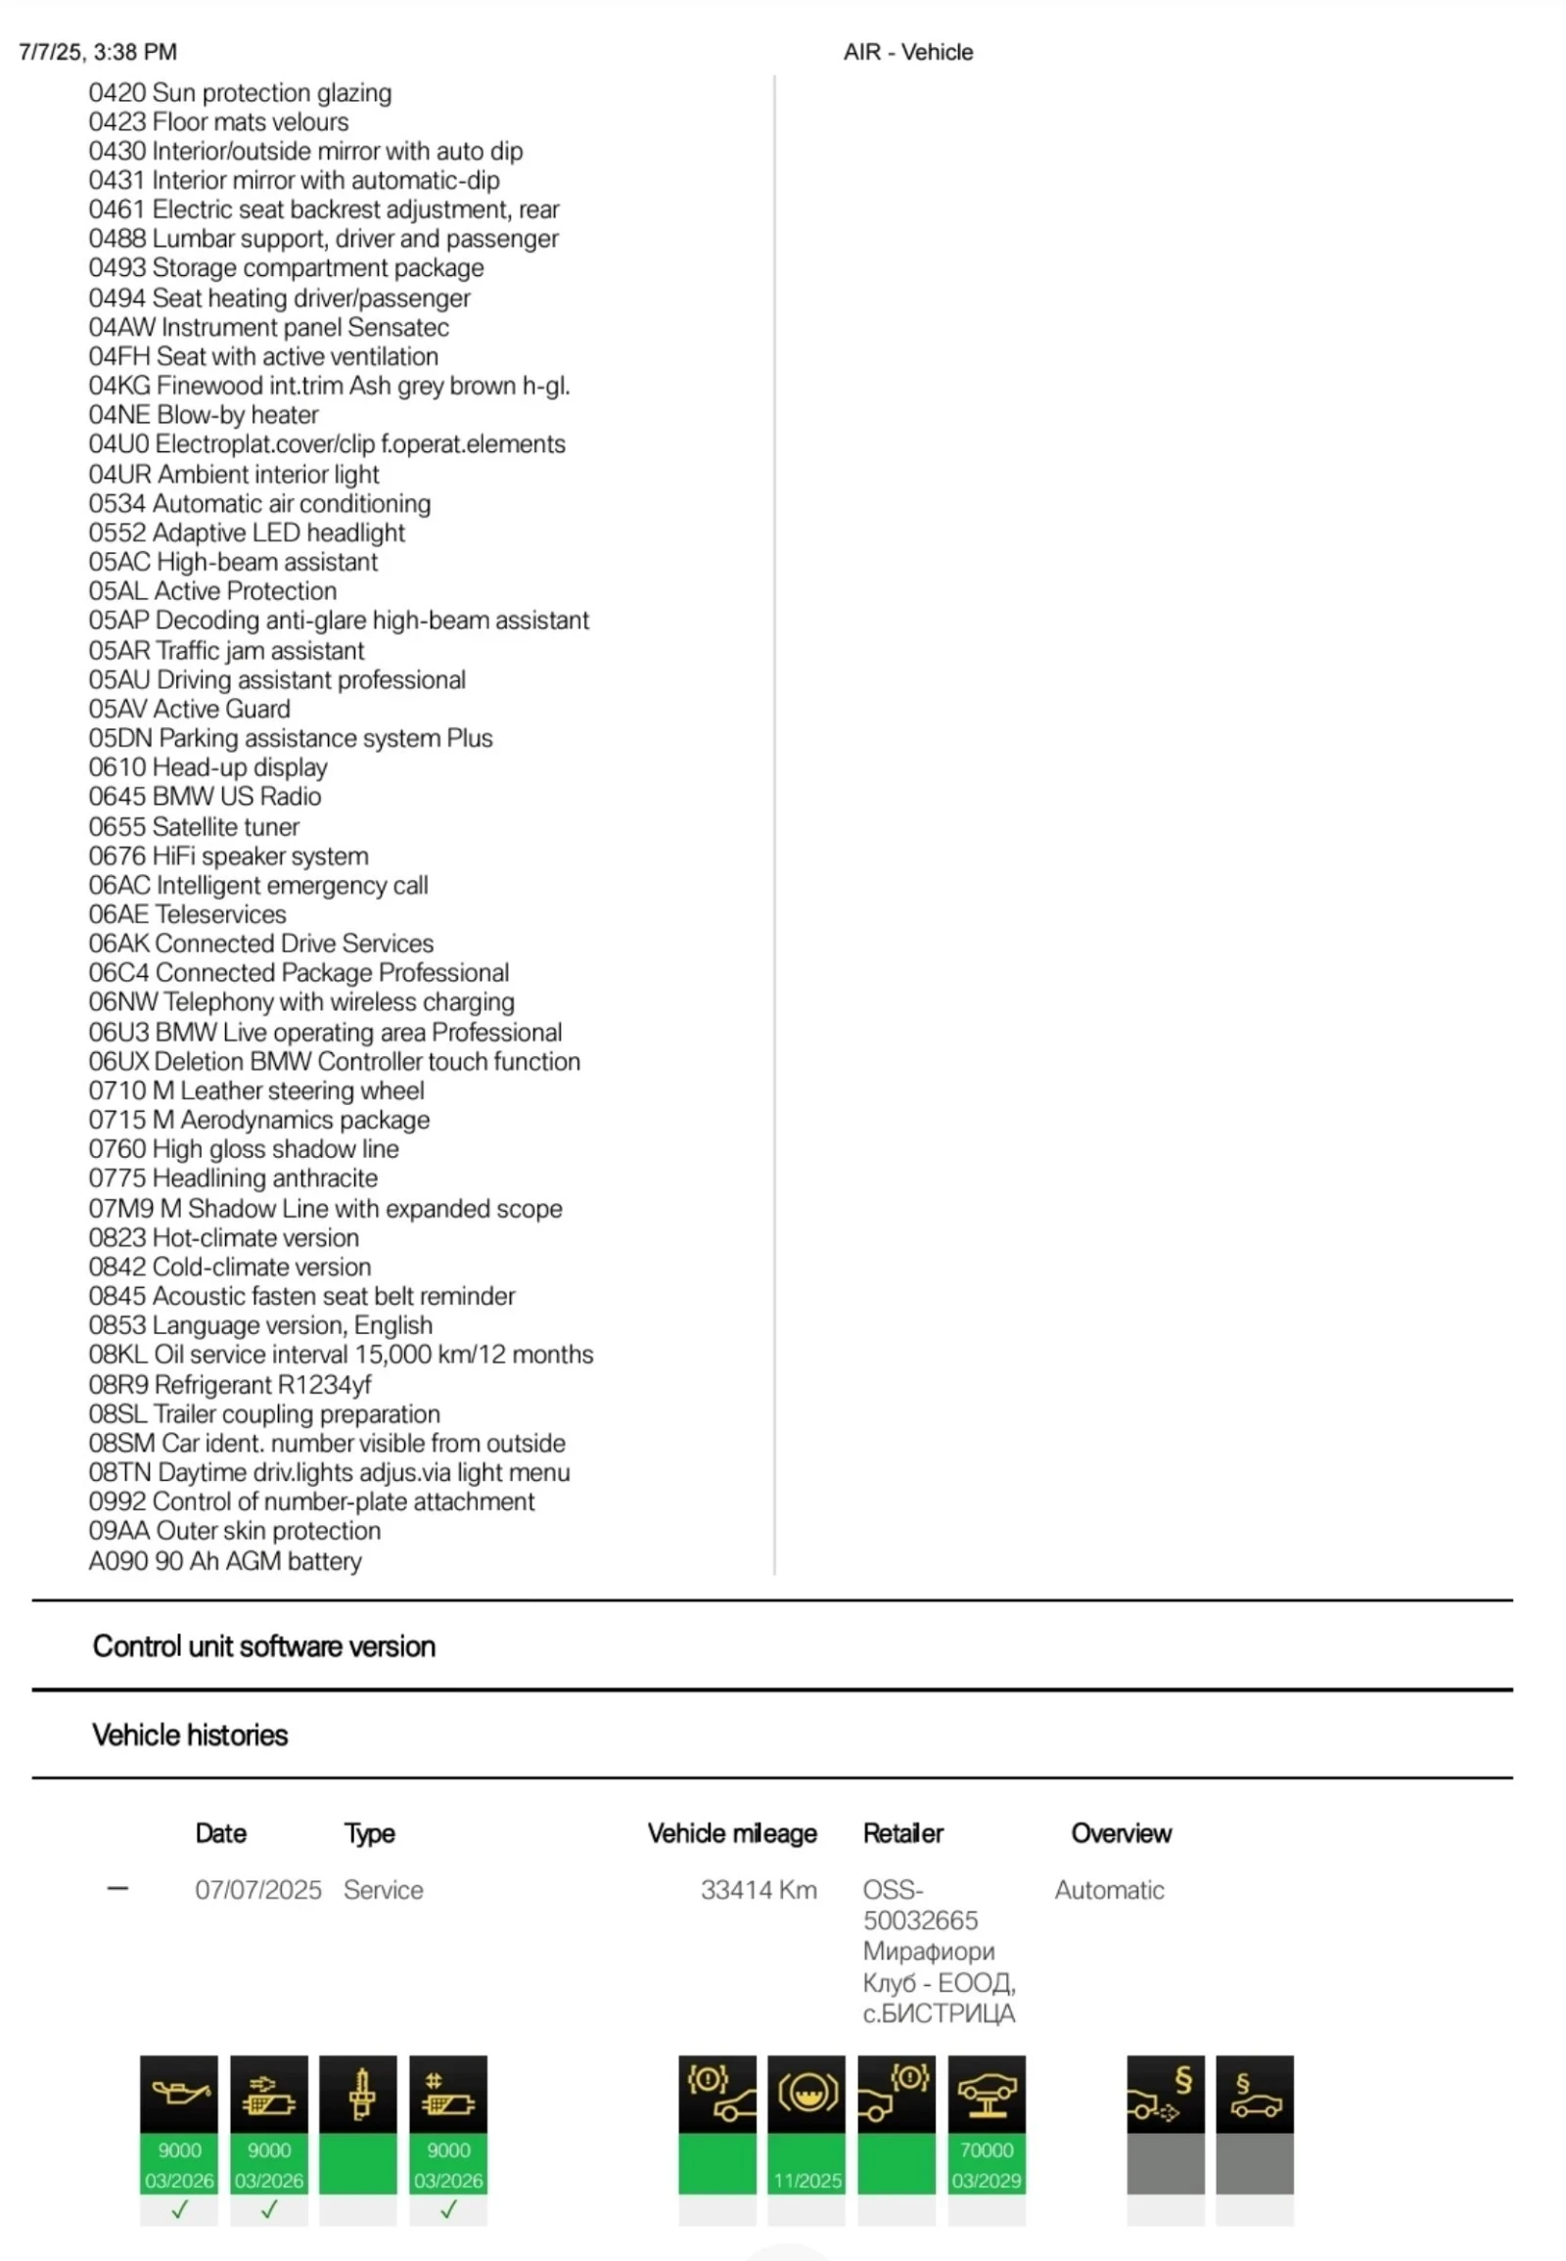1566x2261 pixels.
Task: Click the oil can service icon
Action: (x=178, y=2095)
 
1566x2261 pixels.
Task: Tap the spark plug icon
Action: (x=358, y=2095)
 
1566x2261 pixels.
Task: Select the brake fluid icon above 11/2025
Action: (x=806, y=2095)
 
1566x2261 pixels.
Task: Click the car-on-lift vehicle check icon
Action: (x=987, y=2095)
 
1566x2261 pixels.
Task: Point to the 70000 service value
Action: (x=987, y=2150)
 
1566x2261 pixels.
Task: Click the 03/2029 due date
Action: (x=987, y=2181)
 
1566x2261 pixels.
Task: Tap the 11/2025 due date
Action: (x=806, y=2181)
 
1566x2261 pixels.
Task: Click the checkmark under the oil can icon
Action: (x=178, y=2210)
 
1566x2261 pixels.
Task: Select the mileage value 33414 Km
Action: (x=758, y=1890)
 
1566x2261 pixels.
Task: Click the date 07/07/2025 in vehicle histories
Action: (x=258, y=1890)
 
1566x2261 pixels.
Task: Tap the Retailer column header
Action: (x=902, y=1833)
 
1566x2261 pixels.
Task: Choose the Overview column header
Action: (x=1121, y=1833)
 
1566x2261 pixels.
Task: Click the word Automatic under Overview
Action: (x=1109, y=1890)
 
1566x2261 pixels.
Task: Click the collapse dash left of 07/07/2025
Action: (x=117, y=1888)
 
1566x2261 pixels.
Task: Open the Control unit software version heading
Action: (x=264, y=1645)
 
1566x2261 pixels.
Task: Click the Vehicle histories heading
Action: (x=190, y=1735)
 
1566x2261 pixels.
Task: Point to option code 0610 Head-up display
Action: (x=208, y=767)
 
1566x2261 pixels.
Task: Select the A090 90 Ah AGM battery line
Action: (x=225, y=1560)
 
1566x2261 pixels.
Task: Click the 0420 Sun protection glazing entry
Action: (x=240, y=92)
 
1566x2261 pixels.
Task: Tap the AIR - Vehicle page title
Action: (x=907, y=52)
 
